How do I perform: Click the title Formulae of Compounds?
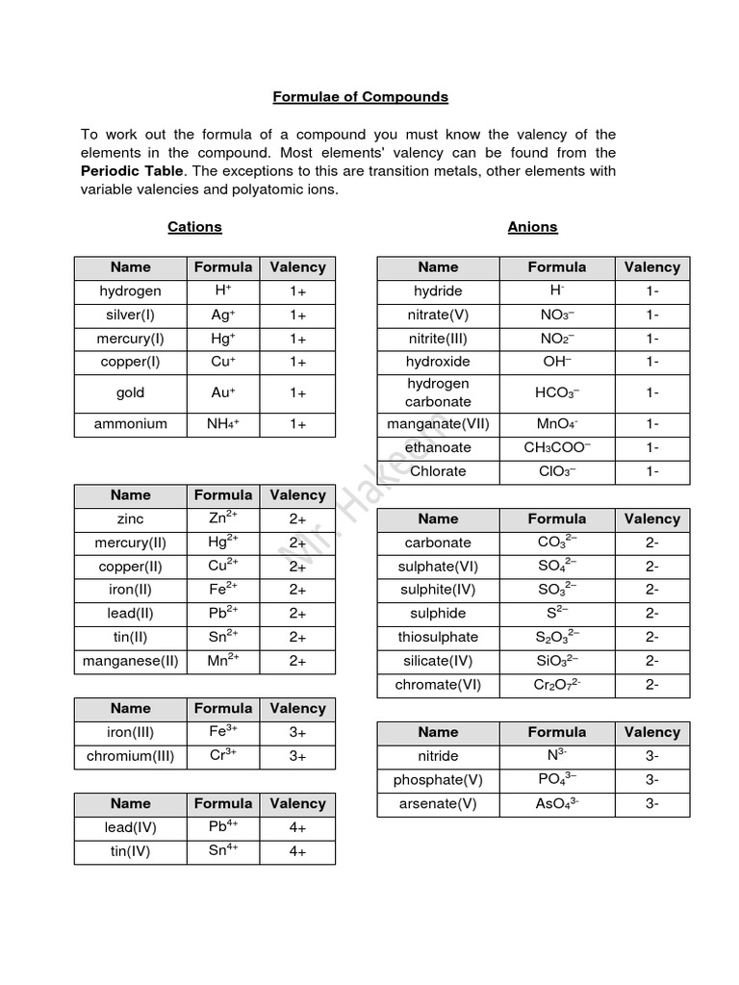tap(360, 97)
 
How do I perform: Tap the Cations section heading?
tap(194, 227)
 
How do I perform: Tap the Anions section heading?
tap(532, 227)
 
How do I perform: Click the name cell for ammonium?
tap(131, 424)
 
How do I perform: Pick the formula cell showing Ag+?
tap(223, 315)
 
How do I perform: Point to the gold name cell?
tap(131, 392)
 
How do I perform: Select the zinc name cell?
tap(131, 518)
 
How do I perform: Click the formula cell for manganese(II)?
tap(223, 661)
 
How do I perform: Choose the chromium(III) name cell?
tap(131, 756)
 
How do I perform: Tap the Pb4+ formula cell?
tap(223, 827)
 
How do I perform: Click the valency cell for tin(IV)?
tap(297, 851)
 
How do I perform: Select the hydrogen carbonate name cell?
tap(438, 392)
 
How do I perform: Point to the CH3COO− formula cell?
tap(557, 447)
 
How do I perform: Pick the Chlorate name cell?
tap(438, 471)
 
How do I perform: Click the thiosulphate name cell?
tap(438, 637)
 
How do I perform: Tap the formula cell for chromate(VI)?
tap(557, 685)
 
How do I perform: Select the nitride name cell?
tap(438, 756)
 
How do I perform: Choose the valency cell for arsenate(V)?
tap(651, 804)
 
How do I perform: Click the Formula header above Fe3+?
tap(223, 708)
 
